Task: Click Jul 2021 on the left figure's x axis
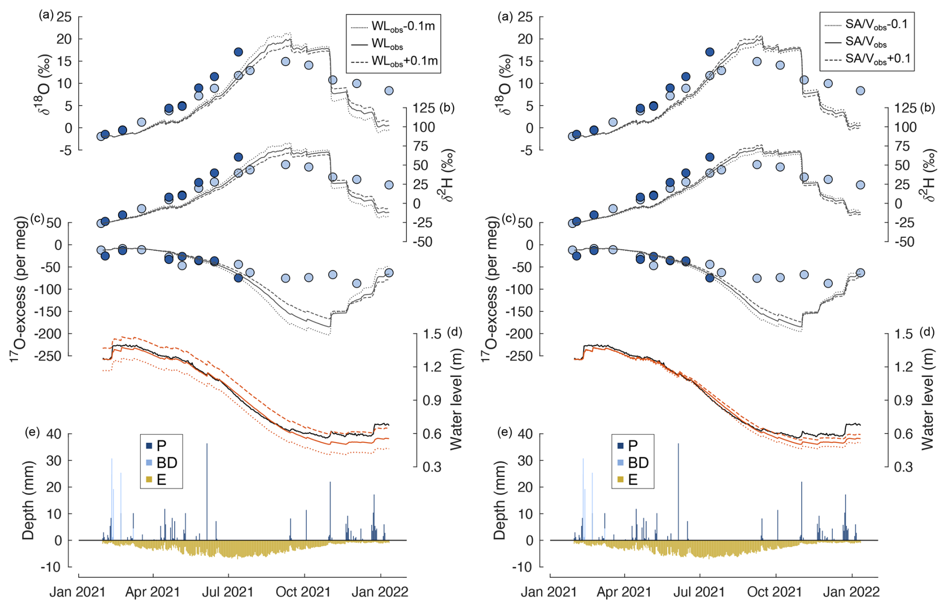228,592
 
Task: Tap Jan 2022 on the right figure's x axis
851,592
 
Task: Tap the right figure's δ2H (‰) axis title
928,175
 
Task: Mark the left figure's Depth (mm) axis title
29,500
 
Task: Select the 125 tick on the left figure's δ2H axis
423,108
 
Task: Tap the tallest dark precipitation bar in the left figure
207,491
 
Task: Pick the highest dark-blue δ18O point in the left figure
238,52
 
